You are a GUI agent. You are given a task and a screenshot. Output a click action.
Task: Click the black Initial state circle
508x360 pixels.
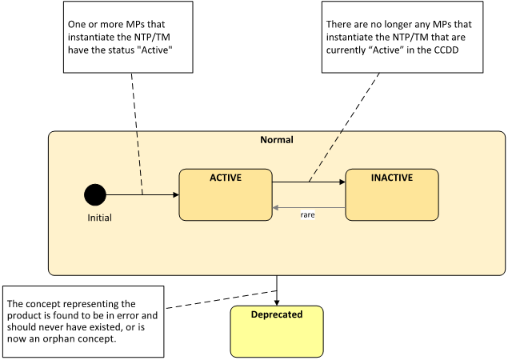tap(95, 194)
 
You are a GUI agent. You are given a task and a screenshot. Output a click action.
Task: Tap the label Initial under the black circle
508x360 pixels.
tap(99, 218)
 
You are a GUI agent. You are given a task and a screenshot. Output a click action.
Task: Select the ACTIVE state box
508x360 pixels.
tap(226, 194)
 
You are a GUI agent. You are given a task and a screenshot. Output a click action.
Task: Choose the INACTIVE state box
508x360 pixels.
tap(392, 194)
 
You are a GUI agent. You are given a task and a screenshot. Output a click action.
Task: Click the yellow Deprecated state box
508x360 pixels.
tap(277, 331)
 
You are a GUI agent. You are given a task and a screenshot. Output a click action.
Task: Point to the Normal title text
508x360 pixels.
tap(277, 140)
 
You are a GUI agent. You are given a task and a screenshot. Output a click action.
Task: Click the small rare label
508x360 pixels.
tap(307, 215)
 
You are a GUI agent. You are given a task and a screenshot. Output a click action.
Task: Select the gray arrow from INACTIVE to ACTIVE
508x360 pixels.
tap(309, 208)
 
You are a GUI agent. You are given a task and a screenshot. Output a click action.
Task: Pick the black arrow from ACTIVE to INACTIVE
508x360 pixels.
tap(309, 182)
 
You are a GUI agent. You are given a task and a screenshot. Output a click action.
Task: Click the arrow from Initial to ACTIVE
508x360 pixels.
tap(142, 194)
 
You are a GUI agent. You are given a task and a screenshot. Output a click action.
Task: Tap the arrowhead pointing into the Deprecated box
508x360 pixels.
tap(277, 302)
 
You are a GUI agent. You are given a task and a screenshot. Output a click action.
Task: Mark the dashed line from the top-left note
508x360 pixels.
tap(137, 134)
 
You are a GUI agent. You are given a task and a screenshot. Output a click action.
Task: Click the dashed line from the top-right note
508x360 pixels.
tap(344, 127)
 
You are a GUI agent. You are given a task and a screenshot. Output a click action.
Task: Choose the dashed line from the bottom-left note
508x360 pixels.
tap(222, 299)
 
